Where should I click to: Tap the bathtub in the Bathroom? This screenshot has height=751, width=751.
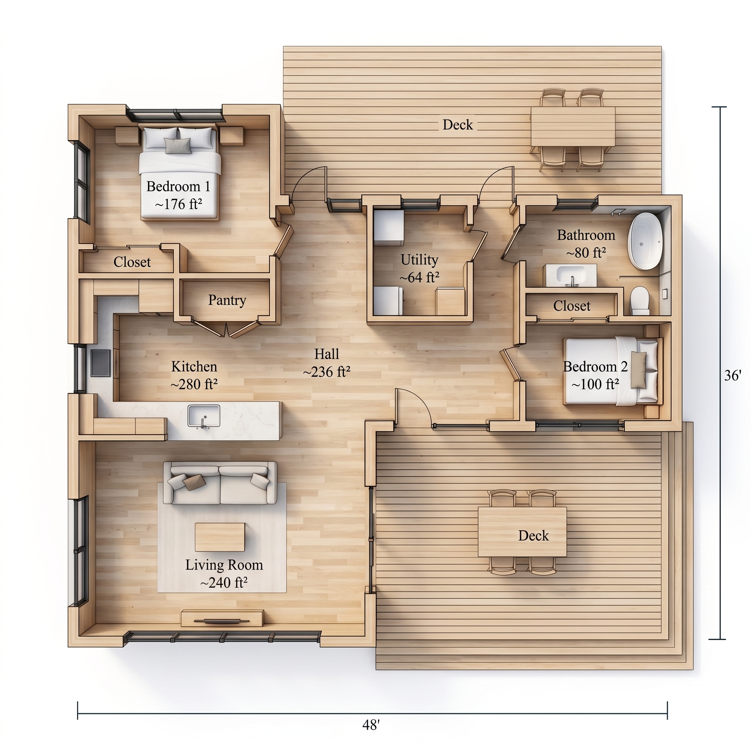coord(645,241)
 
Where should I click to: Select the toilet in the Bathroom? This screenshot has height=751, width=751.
coord(640,300)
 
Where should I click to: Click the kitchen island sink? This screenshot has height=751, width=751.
coord(204,416)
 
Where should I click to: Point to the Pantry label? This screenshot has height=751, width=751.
coord(227,300)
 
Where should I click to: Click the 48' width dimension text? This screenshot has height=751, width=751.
coord(370,725)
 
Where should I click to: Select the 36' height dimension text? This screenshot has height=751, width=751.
coord(733,375)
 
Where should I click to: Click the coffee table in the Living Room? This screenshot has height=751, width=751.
coord(220,537)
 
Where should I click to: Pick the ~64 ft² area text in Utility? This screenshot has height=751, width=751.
coord(419,278)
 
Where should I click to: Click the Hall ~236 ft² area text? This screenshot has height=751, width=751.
coord(326,372)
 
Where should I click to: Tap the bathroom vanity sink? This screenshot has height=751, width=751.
coord(571,275)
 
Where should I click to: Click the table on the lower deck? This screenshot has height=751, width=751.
coord(522,531)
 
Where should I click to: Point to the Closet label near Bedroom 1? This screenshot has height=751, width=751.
coord(132,262)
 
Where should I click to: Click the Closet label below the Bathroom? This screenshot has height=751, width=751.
coord(571,306)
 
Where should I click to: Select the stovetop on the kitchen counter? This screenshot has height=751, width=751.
coord(101,363)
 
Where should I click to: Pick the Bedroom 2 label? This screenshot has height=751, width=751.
coord(595,367)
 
